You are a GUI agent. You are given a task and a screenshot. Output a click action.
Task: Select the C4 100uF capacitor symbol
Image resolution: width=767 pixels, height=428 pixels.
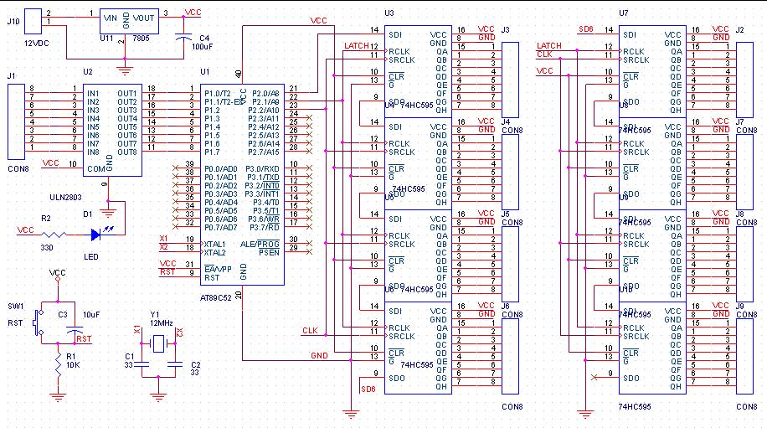(183, 38)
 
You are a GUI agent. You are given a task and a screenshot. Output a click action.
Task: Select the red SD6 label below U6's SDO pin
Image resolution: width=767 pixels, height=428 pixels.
(367, 389)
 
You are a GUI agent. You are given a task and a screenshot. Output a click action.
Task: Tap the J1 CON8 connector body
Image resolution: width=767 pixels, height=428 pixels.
(13, 118)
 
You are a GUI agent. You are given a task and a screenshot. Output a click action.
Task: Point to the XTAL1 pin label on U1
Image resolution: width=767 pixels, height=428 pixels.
(215, 243)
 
